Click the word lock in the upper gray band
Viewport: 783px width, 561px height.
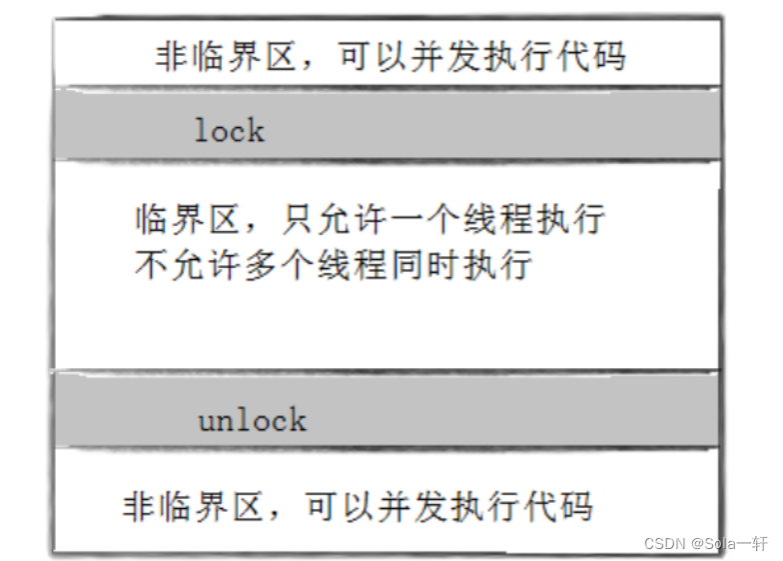[x=230, y=130]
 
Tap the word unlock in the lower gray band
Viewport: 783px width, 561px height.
[x=252, y=419]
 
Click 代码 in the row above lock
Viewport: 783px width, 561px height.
[x=592, y=56]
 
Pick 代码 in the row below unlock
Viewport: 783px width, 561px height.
[x=559, y=505]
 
